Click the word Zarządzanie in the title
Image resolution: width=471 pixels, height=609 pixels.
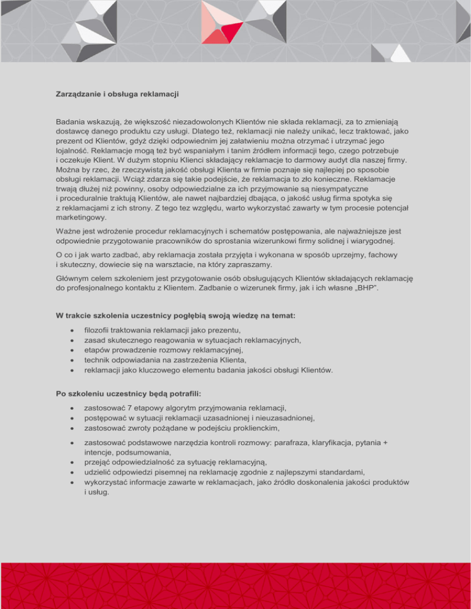pos(77,95)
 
